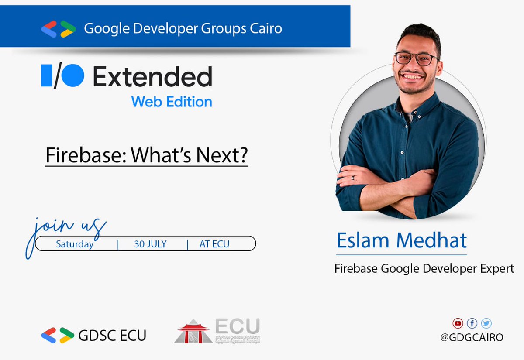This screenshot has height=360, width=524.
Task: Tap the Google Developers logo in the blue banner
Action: point(59,29)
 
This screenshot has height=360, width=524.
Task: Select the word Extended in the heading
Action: point(152,77)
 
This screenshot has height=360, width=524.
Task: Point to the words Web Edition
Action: point(172,102)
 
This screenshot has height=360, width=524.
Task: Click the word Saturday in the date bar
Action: point(75,244)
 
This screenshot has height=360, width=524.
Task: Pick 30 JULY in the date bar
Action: point(150,244)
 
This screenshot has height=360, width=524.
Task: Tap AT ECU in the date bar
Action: point(214,244)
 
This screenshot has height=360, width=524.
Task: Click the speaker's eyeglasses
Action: point(417,58)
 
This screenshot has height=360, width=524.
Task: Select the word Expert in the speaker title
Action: point(497,268)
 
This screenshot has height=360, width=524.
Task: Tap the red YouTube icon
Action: point(457,323)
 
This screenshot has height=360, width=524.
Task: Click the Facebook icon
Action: point(472,323)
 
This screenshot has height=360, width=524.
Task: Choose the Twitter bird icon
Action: point(486,323)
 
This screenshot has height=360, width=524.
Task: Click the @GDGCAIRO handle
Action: point(472,337)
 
